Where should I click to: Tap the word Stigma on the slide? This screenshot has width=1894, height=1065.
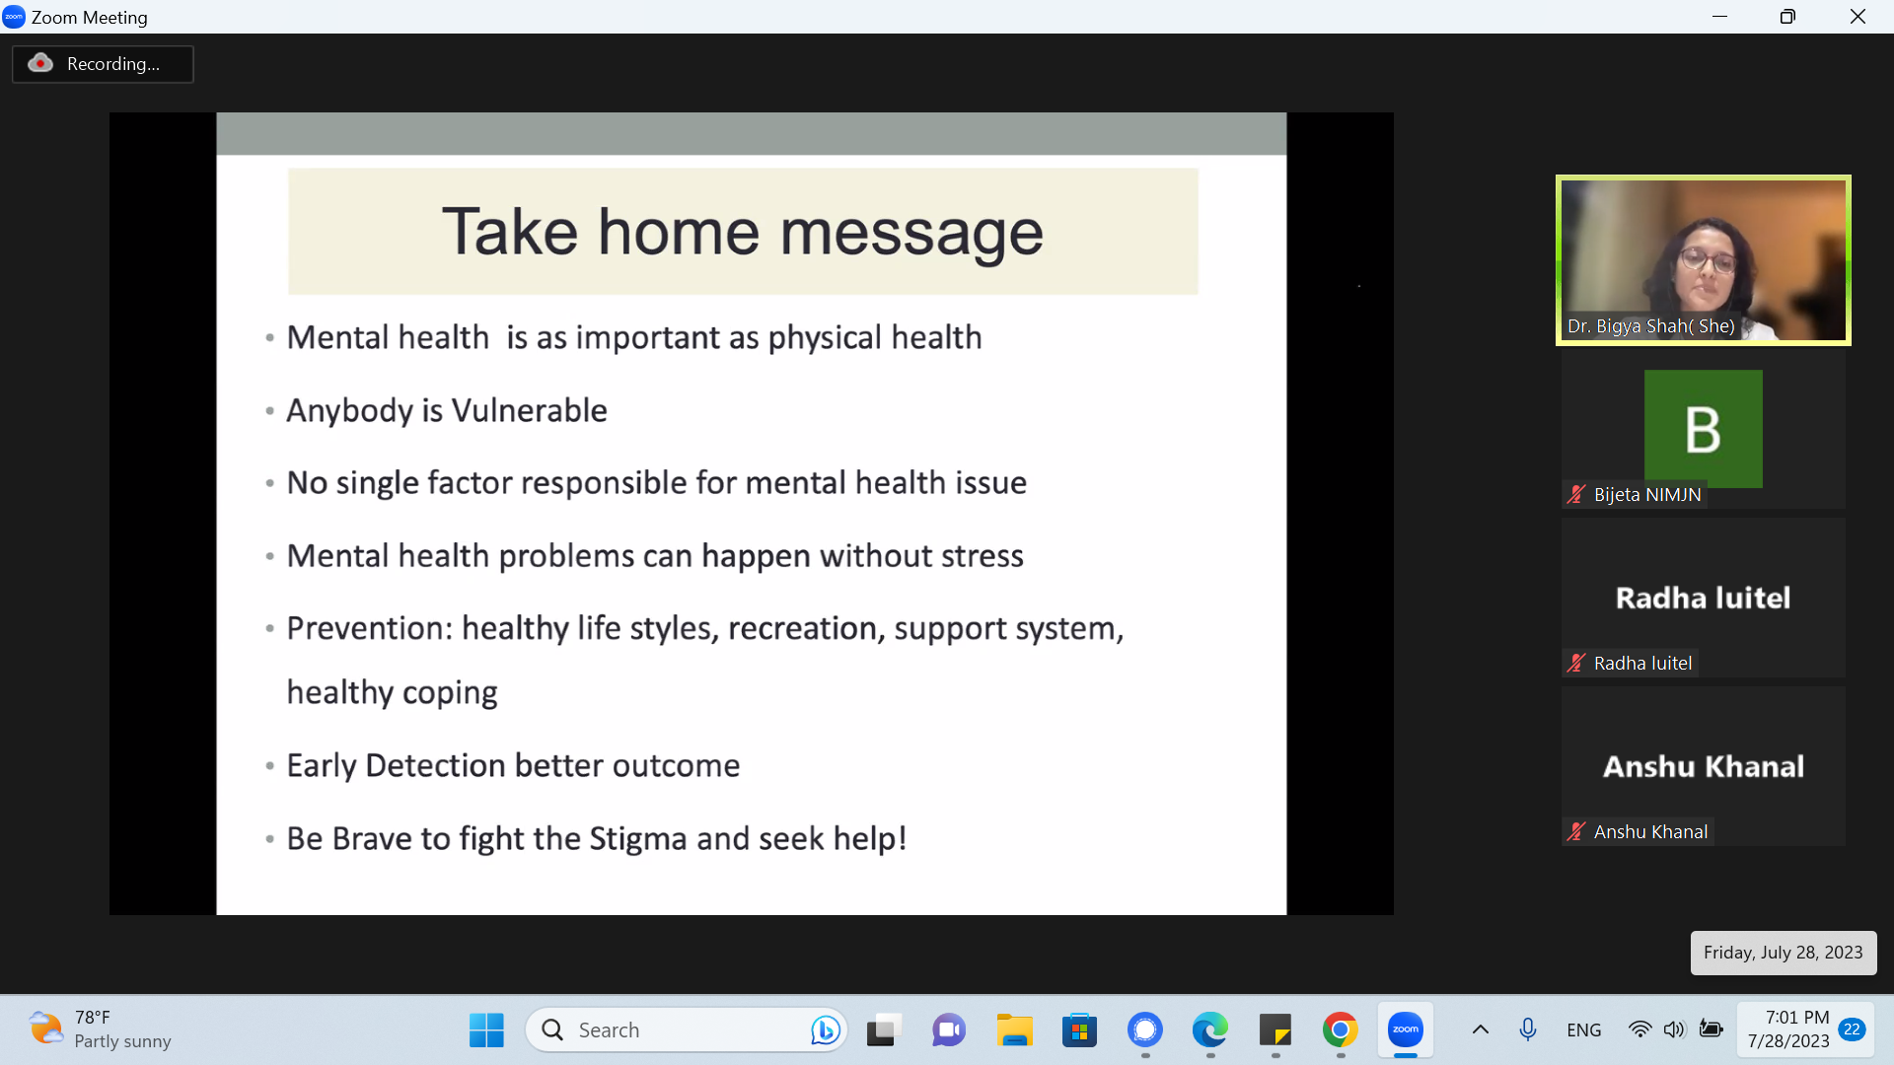(638, 838)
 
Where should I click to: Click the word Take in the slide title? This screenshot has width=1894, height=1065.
(510, 233)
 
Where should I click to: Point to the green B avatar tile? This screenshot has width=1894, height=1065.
(1703, 428)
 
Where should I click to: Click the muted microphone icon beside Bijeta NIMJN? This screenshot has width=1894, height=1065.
(1576, 494)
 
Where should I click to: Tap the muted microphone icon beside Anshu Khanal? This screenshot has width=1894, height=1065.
(1576, 831)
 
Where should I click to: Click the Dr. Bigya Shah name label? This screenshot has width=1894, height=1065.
(1650, 326)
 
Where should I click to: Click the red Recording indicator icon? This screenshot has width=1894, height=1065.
(40, 63)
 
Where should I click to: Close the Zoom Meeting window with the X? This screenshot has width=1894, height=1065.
(1858, 17)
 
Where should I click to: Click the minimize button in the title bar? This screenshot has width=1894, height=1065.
(1719, 17)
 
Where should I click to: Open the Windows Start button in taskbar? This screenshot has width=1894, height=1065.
(486, 1030)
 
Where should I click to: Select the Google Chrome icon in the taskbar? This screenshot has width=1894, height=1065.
(1340, 1030)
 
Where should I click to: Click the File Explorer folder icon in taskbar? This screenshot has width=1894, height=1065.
(1014, 1030)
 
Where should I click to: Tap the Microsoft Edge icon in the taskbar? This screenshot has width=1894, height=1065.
(1209, 1030)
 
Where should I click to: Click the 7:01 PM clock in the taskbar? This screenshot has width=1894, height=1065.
(1796, 1018)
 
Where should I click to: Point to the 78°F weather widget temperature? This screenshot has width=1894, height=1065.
(93, 1018)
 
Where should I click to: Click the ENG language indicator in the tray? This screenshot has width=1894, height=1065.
(1583, 1030)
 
